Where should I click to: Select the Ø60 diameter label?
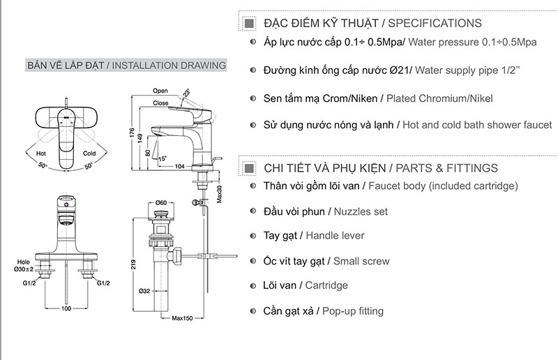click(161, 203)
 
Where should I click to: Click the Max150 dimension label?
click(182, 319)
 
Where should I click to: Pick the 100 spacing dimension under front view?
click(66, 308)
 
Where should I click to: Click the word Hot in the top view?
click(41, 153)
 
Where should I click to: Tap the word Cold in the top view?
click(89, 153)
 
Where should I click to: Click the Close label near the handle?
click(161, 103)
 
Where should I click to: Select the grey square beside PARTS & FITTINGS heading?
click(249, 168)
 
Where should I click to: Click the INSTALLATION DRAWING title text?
click(169, 66)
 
